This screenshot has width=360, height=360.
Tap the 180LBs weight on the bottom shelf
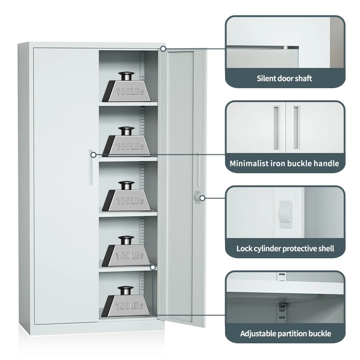coord(126,301)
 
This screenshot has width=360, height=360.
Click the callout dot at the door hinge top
coord(163,49)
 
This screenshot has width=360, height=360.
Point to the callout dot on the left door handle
coord(93,155)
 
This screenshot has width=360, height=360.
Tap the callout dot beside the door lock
coord(202,198)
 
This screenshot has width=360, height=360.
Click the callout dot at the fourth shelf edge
coord(153,267)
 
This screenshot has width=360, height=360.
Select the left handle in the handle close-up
coord(276,128)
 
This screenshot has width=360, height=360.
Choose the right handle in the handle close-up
coord(297,128)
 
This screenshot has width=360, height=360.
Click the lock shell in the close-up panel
coord(286,214)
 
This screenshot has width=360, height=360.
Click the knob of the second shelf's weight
coord(126,131)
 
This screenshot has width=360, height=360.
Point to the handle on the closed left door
coord(90,167)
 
